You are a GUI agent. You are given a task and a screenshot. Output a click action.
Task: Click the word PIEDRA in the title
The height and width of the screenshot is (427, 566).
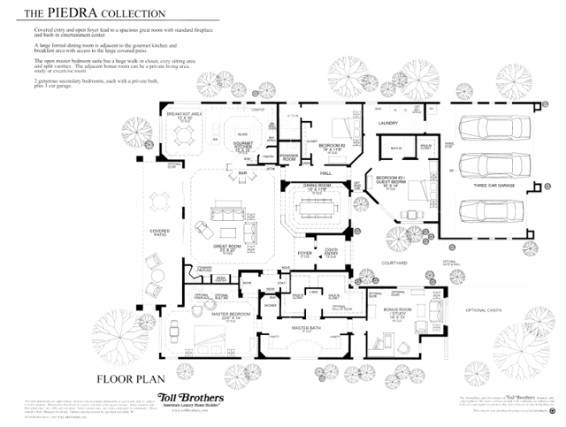[x=70, y=13]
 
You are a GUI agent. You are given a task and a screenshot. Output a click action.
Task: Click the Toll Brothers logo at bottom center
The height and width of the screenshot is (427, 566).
[x=189, y=400]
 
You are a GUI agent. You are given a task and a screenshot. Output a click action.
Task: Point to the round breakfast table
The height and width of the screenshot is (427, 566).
[x=186, y=134]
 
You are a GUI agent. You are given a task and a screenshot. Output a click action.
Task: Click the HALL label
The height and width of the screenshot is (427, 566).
[x=325, y=172]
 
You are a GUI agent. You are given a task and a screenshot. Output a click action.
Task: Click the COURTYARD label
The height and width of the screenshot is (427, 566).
[x=394, y=263]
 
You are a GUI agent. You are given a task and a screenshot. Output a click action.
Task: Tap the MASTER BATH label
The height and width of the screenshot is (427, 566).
[x=305, y=328]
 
